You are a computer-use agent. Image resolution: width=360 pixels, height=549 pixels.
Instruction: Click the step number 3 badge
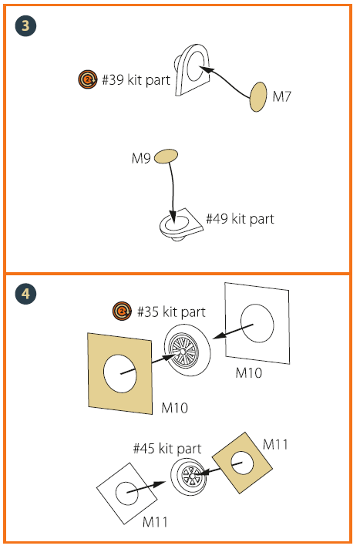click(x=25, y=25)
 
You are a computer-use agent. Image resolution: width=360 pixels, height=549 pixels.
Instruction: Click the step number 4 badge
click(x=25, y=294)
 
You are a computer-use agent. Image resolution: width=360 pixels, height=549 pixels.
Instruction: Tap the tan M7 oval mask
click(x=258, y=97)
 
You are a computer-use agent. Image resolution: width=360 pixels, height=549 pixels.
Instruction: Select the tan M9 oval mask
click(x=166, y=156)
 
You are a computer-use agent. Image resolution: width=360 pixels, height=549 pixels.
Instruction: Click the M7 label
click(x=282, y=96)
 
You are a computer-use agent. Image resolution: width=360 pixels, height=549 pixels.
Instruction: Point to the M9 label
click(x=141, y=158)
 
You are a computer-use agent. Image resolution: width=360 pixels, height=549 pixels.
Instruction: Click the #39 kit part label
click(x=136, y=80)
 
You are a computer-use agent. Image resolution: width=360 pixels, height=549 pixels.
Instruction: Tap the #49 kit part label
click(x=240, y=219)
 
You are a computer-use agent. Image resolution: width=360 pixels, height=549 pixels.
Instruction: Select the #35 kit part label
click(x=171, y=312)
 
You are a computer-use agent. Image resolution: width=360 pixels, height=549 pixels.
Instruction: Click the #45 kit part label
click(x=167, y=449)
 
